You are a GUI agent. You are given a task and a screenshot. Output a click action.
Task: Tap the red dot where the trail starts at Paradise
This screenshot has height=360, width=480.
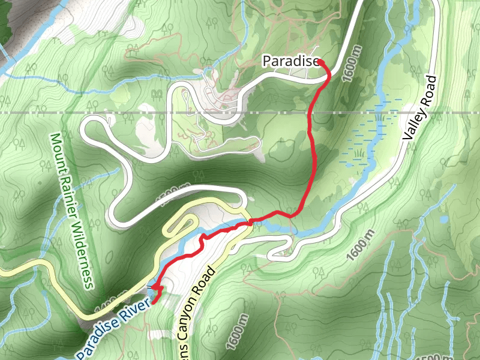[320, 62]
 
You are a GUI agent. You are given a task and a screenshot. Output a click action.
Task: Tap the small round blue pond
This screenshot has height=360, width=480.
[443, 220]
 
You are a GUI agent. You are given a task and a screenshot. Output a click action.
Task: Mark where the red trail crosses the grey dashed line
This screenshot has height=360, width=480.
[310, 113]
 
